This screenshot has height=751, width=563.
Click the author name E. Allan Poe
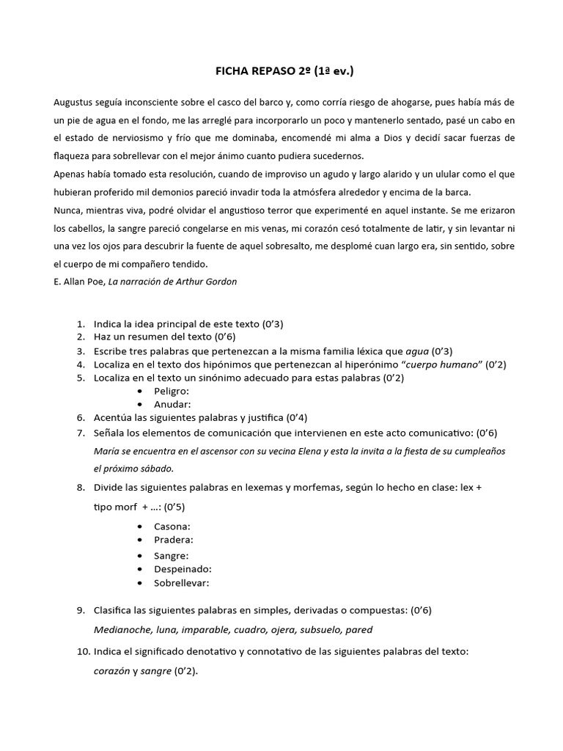pos(78,282)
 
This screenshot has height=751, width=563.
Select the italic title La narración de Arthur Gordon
pos(172,282)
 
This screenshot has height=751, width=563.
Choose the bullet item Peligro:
pos(172,391)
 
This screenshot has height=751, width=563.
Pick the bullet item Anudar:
pos(172,404)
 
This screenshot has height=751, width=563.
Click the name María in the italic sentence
pos(107,450)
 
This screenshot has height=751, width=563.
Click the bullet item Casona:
pos(172,527)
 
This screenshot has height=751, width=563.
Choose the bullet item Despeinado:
pos(183,568)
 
